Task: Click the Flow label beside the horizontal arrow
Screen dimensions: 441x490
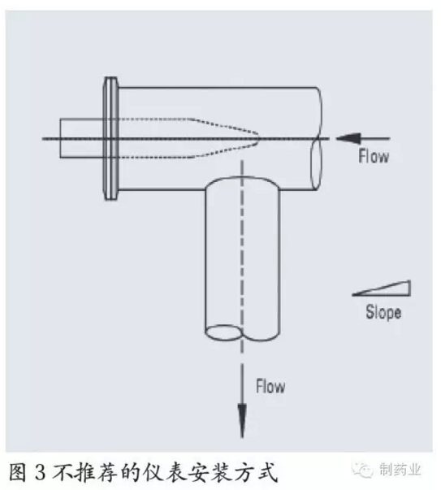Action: pos(374,156)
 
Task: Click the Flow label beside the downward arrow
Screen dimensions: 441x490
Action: pos(270,386)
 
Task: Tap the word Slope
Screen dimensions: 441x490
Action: pos(383,312)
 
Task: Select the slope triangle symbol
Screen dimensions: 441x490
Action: pos(382,288)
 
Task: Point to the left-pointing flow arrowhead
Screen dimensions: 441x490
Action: pos(348,138)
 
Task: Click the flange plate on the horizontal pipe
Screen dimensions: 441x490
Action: pos(110,138)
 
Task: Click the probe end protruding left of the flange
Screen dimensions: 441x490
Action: pos(82,138)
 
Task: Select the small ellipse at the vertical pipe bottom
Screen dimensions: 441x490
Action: pos(223,332)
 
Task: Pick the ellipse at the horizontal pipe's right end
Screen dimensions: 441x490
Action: pos(316,163)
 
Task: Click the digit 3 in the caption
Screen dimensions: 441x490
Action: pos(41,472)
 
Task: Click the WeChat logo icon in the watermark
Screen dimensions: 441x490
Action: pos(362,470)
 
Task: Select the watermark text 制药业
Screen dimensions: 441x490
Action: pos(400,470)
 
